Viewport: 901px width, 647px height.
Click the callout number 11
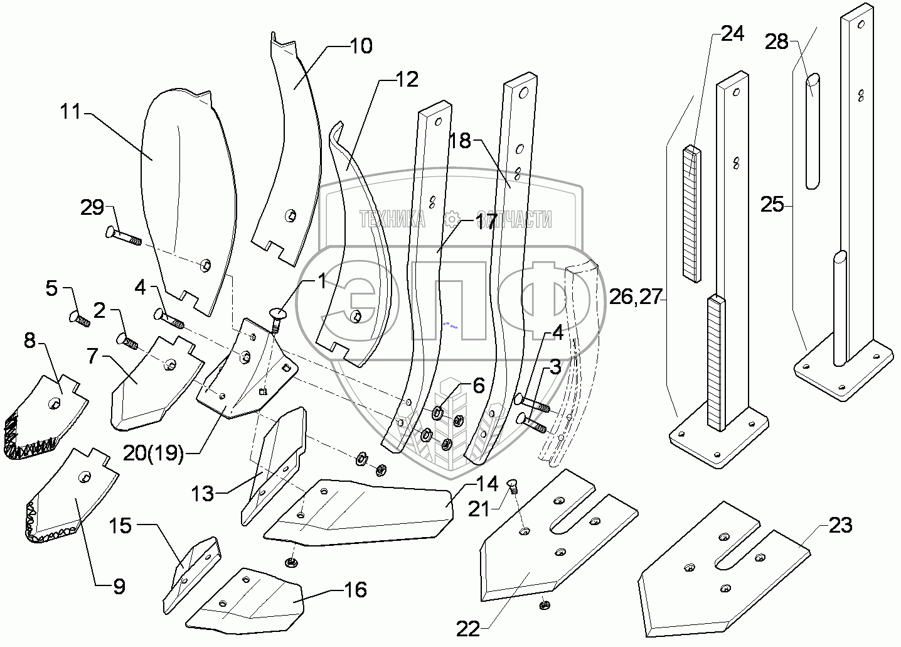pos(70,111)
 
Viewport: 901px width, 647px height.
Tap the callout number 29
pos(92,207)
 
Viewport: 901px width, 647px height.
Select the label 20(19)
pos(153,454)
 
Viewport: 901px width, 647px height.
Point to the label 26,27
pos(636,297)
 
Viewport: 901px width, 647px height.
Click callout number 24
pos(732,34)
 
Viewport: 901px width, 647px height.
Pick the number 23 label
pos(841,525)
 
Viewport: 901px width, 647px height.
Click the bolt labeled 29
pos(124,236)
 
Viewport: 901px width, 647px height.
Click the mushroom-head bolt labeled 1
pos(275,320)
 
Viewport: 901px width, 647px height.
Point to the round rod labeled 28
pos(813,131)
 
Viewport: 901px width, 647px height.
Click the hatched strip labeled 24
pos(691,214)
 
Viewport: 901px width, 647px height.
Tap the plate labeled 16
pos(245,601)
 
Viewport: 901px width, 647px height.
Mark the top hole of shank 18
pos(523,94)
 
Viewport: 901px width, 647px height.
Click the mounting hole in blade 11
pos(206,265)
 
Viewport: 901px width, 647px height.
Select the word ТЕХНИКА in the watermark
pos(392,219)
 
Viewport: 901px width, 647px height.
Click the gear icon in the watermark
pos(452,219)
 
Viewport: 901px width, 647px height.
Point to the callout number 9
pos(119,587)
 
